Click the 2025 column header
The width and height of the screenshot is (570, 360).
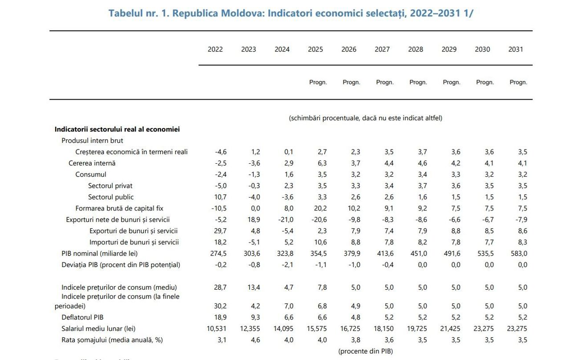(x=315, y=49)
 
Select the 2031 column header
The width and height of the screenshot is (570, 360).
(x=516, y=49)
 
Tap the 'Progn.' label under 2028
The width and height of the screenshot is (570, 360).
(x=418, y=82)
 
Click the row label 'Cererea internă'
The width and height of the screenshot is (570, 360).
(x=92, y=163)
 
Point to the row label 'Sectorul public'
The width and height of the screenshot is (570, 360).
(x=111, y=197)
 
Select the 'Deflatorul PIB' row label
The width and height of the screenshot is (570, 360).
(x=82, y=318)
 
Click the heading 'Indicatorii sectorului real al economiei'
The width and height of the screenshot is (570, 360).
(x=117, y=129)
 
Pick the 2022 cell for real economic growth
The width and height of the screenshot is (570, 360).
(x=221, y=152)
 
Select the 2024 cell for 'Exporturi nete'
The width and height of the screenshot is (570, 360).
(x=286, y=220)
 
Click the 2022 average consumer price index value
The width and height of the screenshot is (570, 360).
(x=220, y=287)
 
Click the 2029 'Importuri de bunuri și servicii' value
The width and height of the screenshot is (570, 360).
(x=456, y=243)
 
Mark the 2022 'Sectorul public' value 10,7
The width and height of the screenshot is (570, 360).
(x=220, y=197)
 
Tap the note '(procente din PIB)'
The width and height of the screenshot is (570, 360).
(x=366, y=352)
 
